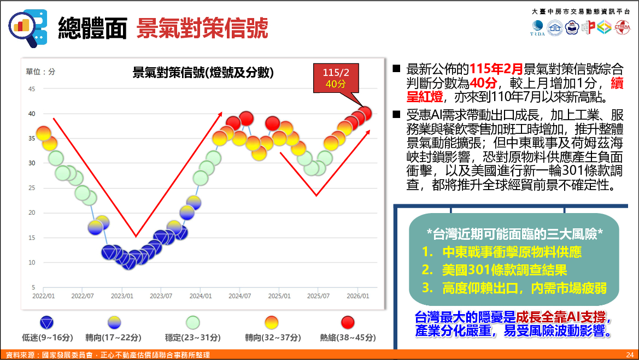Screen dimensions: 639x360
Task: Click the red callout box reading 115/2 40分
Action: [x=336, y=78]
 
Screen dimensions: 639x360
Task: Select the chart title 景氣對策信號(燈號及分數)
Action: [x=203, y=73]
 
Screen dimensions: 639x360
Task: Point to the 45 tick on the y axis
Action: [x=31, y=89]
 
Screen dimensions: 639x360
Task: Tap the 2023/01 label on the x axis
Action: [x=122, y=296]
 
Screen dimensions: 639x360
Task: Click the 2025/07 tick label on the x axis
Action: [x=318, y=296]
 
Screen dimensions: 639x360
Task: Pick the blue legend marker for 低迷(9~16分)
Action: [x=47, y=322]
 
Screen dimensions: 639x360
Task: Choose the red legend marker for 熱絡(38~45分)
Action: [x=348, y=322]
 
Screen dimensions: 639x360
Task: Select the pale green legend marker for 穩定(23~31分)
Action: [x=193, y=322]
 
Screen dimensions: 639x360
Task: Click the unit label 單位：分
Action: [x=40, y=72]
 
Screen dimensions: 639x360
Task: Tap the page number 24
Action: [x=630, y=355]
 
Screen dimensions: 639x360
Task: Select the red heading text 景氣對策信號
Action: [x=202, y=28]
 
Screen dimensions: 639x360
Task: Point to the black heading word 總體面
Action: [x=92, y=28]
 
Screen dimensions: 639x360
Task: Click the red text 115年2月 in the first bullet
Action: [x=496, y=69]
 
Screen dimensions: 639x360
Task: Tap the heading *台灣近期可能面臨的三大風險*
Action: [x=514, y=234]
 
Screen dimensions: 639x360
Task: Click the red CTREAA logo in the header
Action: [x=622, y=27]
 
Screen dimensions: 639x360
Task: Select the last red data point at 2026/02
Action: [x=365, y=113]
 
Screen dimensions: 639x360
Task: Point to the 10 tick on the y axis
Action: [x=31, y=262]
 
